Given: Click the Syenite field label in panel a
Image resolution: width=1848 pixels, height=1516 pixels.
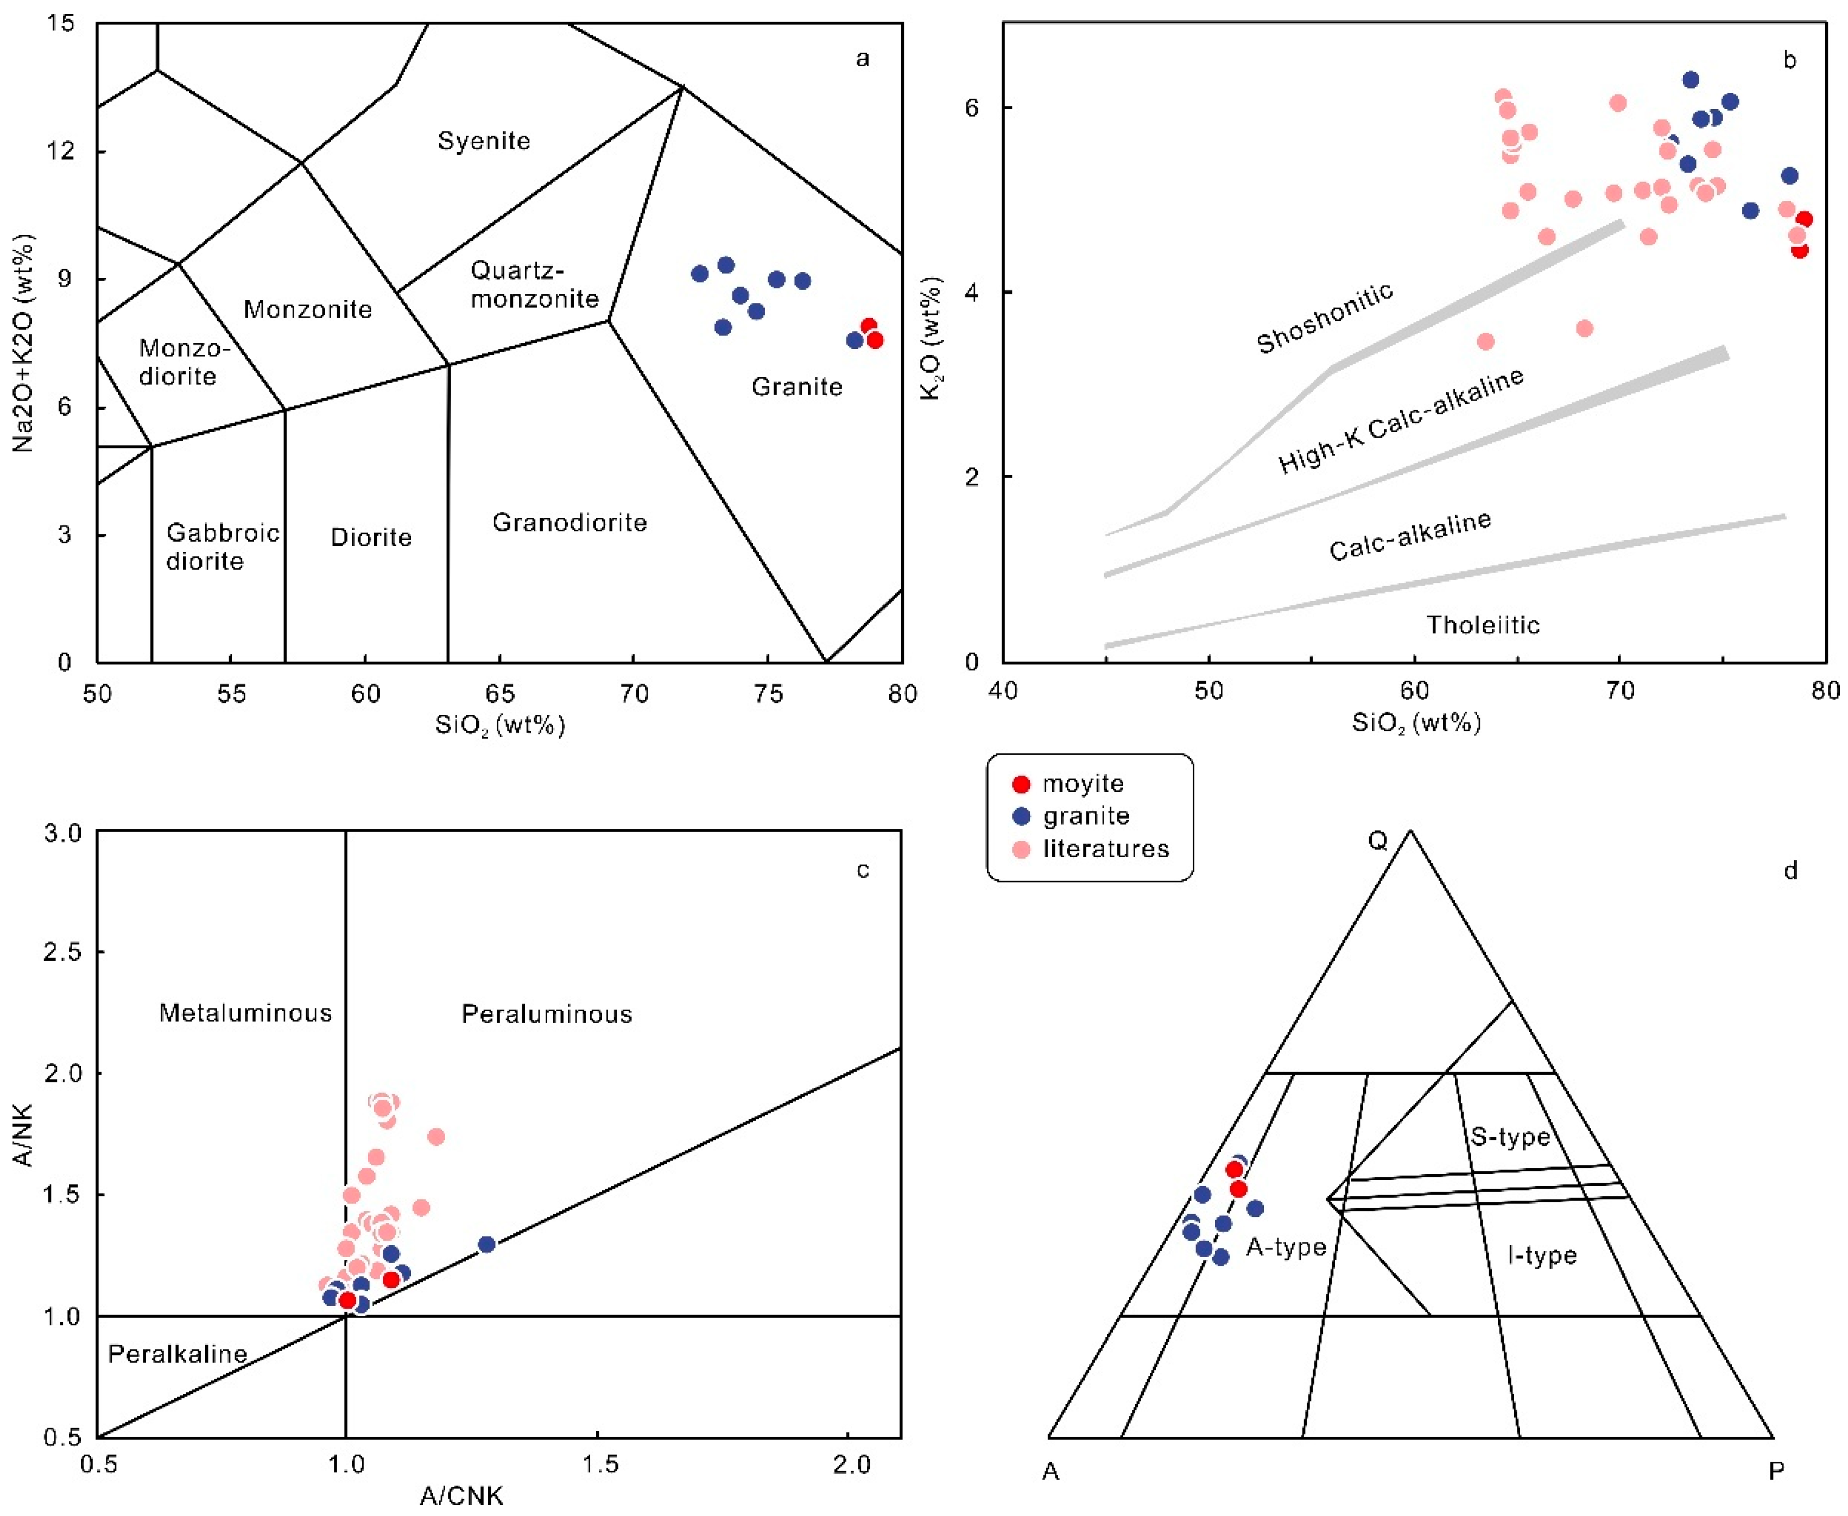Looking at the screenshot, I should point(484,141).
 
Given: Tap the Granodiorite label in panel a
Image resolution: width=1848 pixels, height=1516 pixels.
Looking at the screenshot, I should point(569,522).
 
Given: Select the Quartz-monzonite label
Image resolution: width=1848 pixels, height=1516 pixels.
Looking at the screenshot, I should point(535,284).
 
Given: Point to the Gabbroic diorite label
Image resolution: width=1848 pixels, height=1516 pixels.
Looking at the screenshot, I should point(223,547).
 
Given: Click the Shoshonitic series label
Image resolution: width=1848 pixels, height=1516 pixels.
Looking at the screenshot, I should point(1324,319).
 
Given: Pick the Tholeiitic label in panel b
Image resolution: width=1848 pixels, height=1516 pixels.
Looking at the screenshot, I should point(1483,624).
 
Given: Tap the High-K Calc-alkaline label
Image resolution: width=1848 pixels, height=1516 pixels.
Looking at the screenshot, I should point(1401,421).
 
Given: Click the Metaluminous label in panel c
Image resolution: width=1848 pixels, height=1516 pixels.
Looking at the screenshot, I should point(245,1013).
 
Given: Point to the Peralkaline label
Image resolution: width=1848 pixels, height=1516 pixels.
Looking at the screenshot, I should point(178,1354).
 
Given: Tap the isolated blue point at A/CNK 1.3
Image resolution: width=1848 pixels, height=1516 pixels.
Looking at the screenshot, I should point(486,1244).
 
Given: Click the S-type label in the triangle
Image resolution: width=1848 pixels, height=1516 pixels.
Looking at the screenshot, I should point(1510,1136).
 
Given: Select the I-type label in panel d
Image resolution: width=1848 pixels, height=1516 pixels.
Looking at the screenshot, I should point(1542,1256).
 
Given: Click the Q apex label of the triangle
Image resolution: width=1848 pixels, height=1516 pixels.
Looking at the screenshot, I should point(1377,841).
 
